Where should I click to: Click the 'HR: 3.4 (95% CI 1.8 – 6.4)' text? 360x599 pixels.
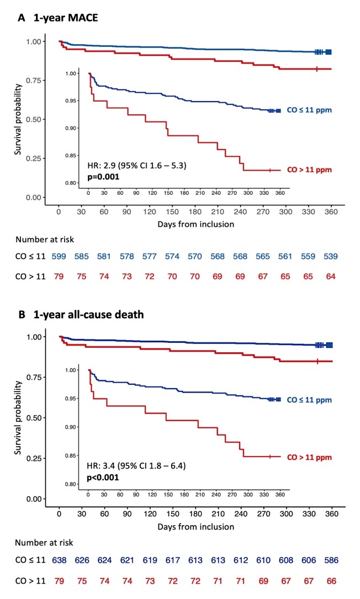pos(136,466)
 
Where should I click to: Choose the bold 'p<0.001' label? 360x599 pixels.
pos(104,477)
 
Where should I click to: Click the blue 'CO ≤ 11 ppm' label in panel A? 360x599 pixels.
pos(309,110)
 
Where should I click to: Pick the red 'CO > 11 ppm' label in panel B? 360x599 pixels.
pos(309,457)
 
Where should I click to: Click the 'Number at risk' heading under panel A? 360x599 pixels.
pos(45,239)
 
